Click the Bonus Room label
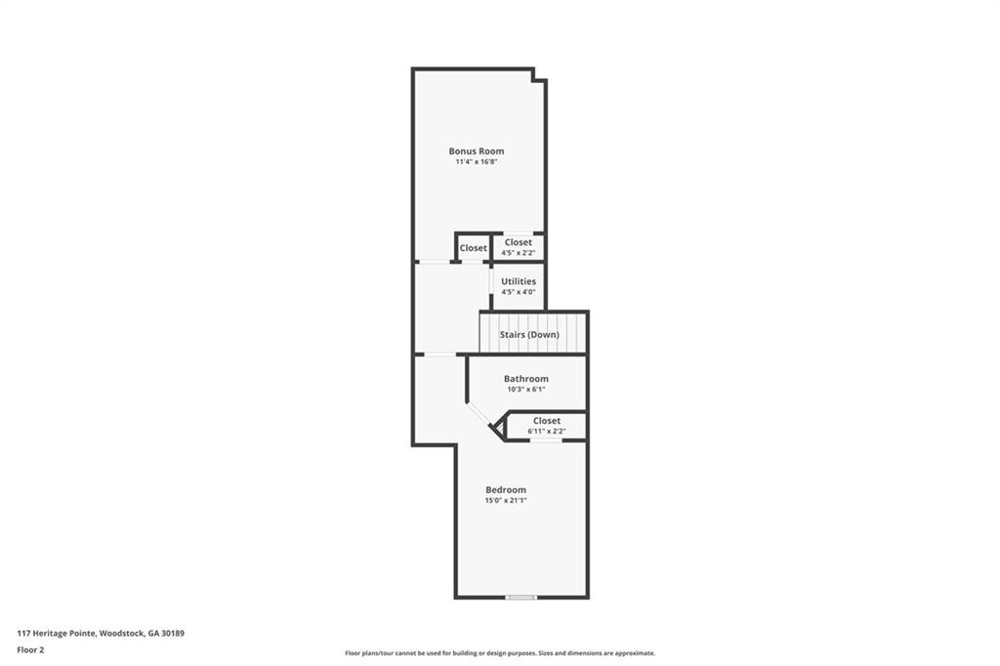[476, 151]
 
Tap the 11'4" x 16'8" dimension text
[476, 162]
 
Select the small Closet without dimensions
[473, 248]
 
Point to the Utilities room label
[518, 281]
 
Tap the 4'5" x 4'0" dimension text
[518, 292]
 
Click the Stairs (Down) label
[529, 334]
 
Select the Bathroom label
[525, 379]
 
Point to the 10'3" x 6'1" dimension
[525, 390]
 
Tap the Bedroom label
[506, 490]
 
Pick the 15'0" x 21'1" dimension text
[506, 501]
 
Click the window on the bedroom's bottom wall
[521, 597]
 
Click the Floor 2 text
[30, 649]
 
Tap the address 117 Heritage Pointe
[57, 633]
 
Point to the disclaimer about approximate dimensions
[499, 653]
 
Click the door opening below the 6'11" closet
[546, 440]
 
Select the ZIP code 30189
[173, 633]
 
